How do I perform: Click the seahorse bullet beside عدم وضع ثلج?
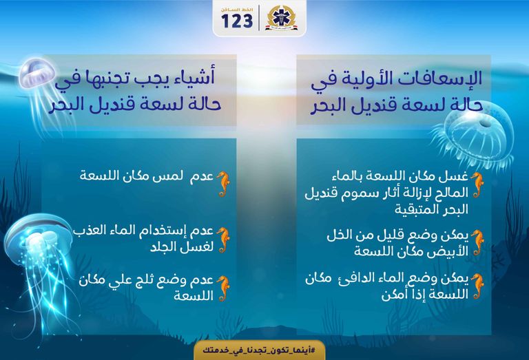click(222, 288)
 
